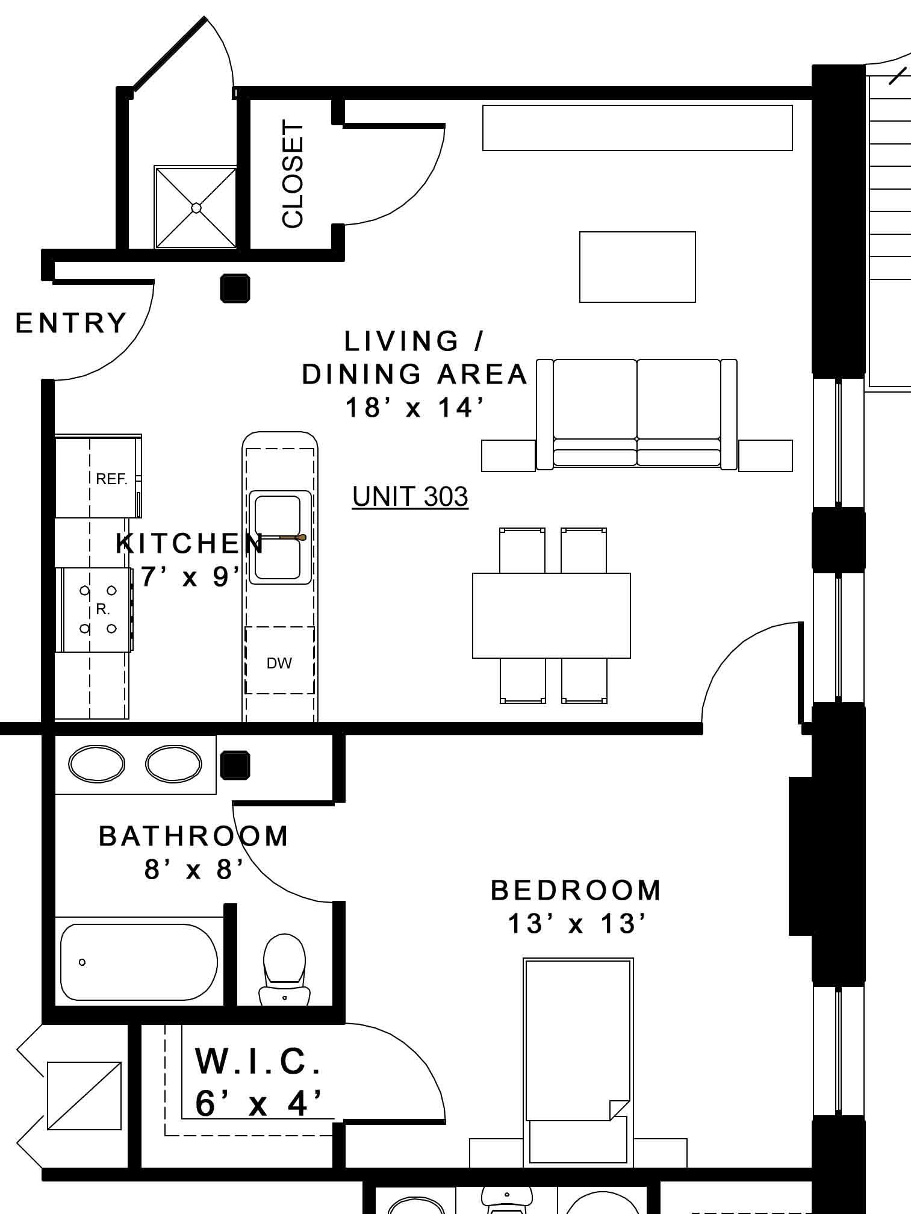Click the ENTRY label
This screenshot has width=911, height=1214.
click(x=71, y=323)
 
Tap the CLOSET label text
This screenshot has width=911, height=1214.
click(x=293, y=174)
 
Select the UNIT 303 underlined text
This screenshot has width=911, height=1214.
click(x=410, y=497)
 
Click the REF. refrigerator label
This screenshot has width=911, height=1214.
click(x=111, y=479)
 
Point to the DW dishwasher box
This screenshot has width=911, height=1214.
click(x=279, y=660)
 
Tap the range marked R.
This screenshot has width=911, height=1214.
click(x=95, y=609)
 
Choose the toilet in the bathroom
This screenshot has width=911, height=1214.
click(x=284, y=970)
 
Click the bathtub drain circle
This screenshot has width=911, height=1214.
click(x=82, y=962)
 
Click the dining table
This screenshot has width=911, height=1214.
click(x=552, y=615)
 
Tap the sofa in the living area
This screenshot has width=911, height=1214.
click(x=637, y=414)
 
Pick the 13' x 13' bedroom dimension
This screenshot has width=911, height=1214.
click(x=577, y=924)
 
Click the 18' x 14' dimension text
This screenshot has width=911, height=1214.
click(x=415, y=408)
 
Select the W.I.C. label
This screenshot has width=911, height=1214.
click(x=258, y=1060)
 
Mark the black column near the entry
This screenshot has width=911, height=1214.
click(x=235, y=288)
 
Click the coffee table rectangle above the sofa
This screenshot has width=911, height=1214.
click(x=638, y=267)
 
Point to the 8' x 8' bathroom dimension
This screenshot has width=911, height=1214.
click(x=194, y=870)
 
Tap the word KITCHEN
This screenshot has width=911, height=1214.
click(x=190, y=544)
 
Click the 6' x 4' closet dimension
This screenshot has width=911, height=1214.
click(x=258, y=1104)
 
